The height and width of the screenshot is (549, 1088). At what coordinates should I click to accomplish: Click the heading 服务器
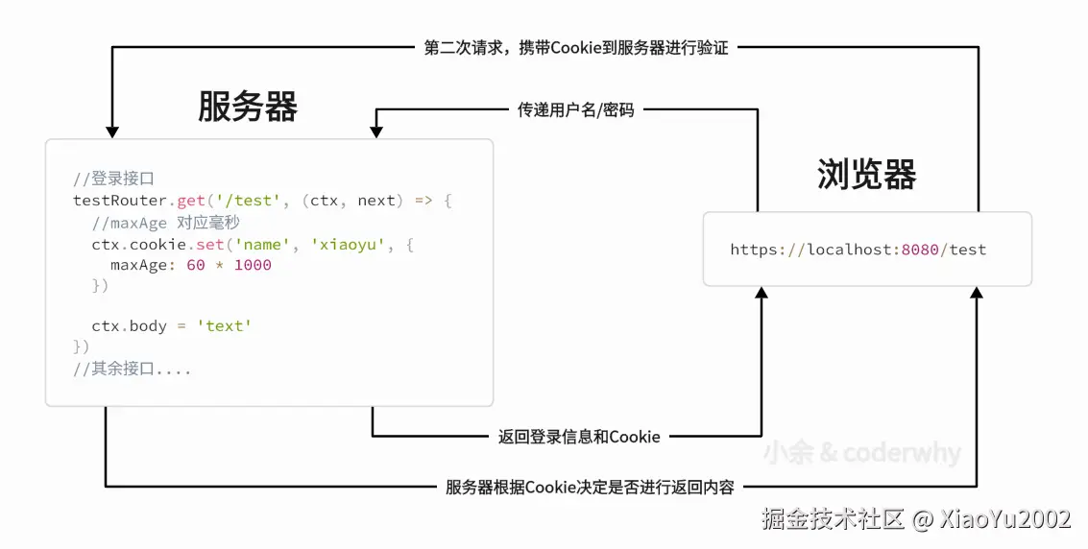(247, 106)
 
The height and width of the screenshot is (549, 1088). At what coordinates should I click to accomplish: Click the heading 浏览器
(866, 175)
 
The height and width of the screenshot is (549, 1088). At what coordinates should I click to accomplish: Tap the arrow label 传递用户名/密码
(576, 110)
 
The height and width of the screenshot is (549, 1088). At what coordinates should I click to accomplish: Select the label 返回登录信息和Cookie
(579, 437)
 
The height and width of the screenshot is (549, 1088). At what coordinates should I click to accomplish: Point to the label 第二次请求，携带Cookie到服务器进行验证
(576, 48)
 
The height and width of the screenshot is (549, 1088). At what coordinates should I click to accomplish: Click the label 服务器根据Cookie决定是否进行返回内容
(590, 488)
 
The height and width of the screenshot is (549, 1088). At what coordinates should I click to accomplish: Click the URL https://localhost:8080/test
(858, 250)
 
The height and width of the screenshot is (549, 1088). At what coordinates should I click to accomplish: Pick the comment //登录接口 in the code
(113, 179)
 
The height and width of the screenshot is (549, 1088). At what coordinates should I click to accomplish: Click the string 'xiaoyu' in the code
(348, 245)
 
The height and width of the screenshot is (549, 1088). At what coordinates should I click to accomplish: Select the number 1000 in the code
(253, 265)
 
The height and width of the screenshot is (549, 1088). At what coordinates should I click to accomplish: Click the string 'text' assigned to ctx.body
(224, 326)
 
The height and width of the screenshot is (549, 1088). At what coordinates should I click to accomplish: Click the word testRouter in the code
(122, 201)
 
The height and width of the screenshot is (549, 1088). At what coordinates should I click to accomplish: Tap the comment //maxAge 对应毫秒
(165, 223)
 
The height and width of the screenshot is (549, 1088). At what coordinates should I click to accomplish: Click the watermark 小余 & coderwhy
(861, 453)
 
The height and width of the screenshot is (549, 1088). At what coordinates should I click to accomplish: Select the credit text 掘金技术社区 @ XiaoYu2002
(915, 519)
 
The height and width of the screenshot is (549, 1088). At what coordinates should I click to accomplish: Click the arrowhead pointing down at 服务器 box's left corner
(112, 131)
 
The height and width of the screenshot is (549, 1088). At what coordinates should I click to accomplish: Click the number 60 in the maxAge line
(196, 265)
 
